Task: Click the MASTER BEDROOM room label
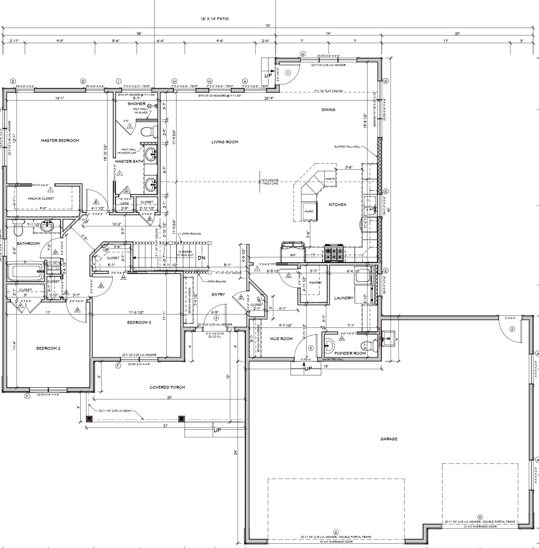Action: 60,141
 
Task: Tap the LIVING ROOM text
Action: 225,142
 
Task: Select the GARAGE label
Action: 389,439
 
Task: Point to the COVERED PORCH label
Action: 167,387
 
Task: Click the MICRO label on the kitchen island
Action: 309,211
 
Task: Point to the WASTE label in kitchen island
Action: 330,179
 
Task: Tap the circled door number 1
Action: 288,73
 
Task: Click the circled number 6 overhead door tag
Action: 336,532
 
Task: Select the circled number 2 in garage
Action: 512,329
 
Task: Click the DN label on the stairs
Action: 201,258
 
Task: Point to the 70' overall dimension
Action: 268,26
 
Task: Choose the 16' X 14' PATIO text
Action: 215,19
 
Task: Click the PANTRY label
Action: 315,283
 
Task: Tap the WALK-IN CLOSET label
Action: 41,199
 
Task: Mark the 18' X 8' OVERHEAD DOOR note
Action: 336,542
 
